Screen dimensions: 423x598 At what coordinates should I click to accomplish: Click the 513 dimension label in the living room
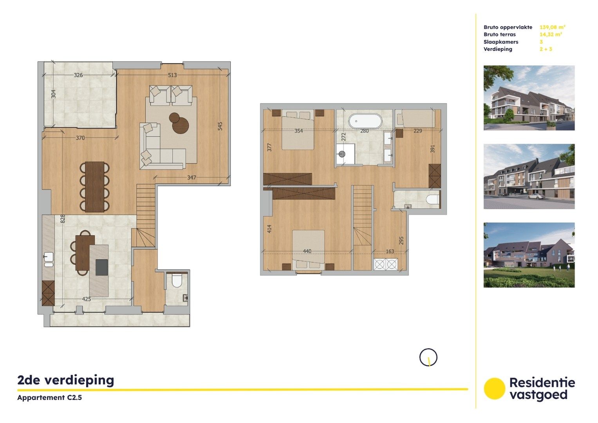172,75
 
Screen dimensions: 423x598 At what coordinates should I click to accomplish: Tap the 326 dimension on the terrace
78,75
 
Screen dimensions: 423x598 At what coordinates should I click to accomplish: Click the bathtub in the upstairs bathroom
365,121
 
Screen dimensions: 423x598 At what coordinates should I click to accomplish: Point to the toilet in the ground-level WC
177,281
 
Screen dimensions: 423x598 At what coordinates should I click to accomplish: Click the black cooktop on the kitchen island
101,267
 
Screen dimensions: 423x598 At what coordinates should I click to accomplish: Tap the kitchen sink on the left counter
49,257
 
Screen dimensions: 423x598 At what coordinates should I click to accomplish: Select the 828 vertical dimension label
63,219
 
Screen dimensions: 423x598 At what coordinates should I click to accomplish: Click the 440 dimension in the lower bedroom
307,251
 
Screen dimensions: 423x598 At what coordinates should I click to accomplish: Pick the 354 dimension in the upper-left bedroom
298,131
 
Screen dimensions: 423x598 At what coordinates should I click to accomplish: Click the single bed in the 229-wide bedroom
416,118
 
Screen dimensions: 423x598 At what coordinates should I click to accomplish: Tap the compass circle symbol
428,357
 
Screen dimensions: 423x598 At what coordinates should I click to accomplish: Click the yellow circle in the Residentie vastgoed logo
494,389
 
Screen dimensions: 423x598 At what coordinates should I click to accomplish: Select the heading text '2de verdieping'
66,380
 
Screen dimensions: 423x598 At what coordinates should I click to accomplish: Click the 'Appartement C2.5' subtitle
49,398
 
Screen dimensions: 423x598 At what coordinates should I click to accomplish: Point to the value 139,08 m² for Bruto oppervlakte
552,27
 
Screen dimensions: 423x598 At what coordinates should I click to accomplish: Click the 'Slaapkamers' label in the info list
501,42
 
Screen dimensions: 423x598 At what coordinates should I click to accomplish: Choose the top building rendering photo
529,98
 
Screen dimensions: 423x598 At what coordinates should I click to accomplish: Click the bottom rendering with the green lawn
529,255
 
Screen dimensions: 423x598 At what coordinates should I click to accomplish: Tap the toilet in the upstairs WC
432,199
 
